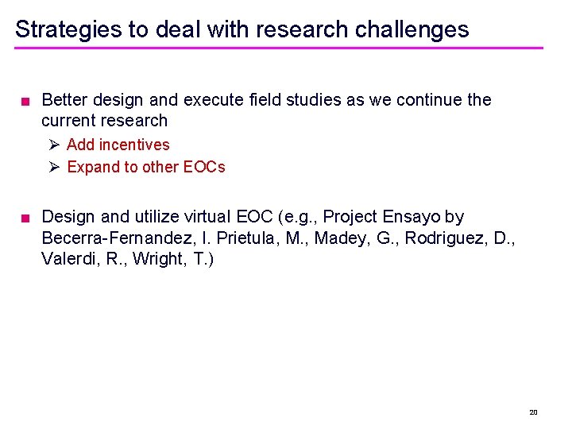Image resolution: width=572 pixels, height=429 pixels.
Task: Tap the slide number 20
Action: click(533, 412)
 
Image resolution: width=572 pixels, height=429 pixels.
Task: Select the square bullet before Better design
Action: click(26, 101)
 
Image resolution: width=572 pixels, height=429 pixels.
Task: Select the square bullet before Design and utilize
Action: click(26, 218)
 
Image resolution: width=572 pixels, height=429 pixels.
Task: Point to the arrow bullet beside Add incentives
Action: click(53, 145)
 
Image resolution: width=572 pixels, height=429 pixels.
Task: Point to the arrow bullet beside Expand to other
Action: click(53, 167)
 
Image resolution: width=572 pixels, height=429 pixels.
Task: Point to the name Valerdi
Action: click(69, 259)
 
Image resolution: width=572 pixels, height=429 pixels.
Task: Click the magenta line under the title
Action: click(278, 48)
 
